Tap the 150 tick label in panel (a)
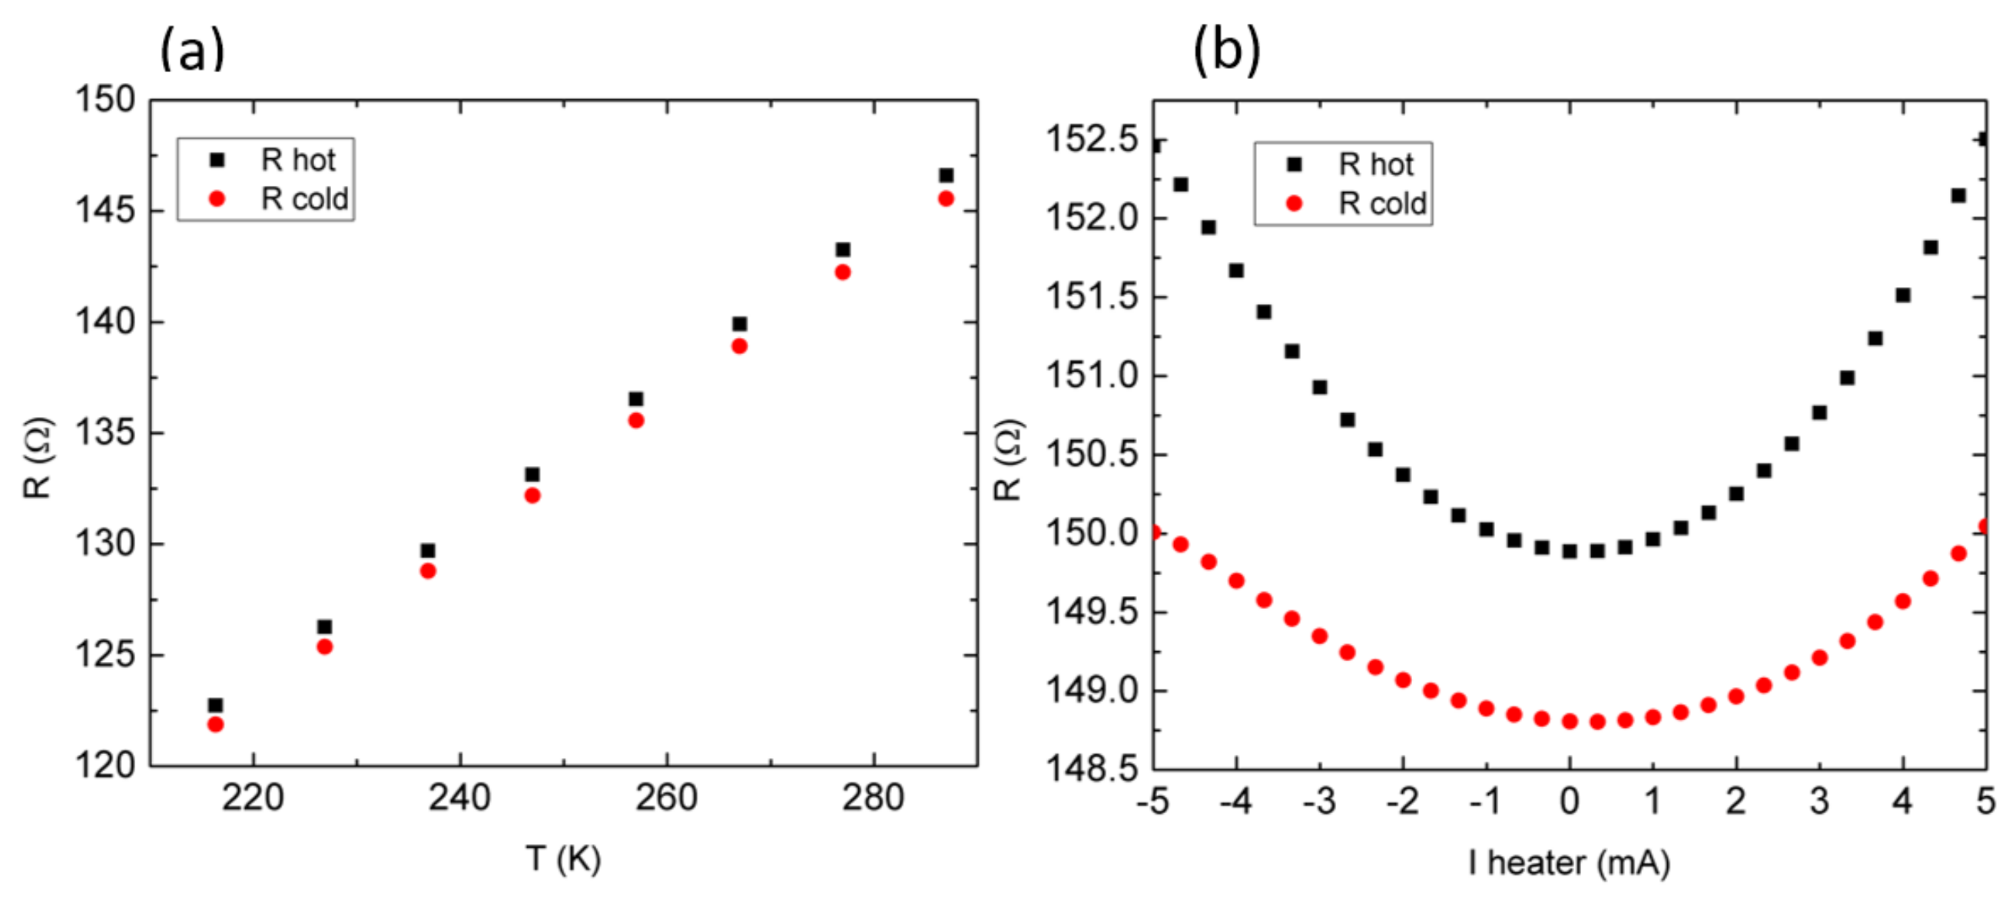coord(104,100)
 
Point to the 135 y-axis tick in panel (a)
coord(104,433)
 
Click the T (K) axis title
coord(562,859)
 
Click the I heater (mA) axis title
coord(1568,863)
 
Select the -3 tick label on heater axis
coord(1318,802)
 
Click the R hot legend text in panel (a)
coord(297,160)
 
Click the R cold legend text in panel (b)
coord(1382,204)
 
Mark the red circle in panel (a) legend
coord(217,200)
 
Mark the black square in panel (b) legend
coord(1295,164)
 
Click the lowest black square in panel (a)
coord(215,705)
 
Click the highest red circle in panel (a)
coord(946,199)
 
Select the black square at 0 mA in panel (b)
coord(1569,551)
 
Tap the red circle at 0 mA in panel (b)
coord(1569,722)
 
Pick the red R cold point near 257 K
coord(635,420)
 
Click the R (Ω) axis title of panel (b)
coord(1008,460)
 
